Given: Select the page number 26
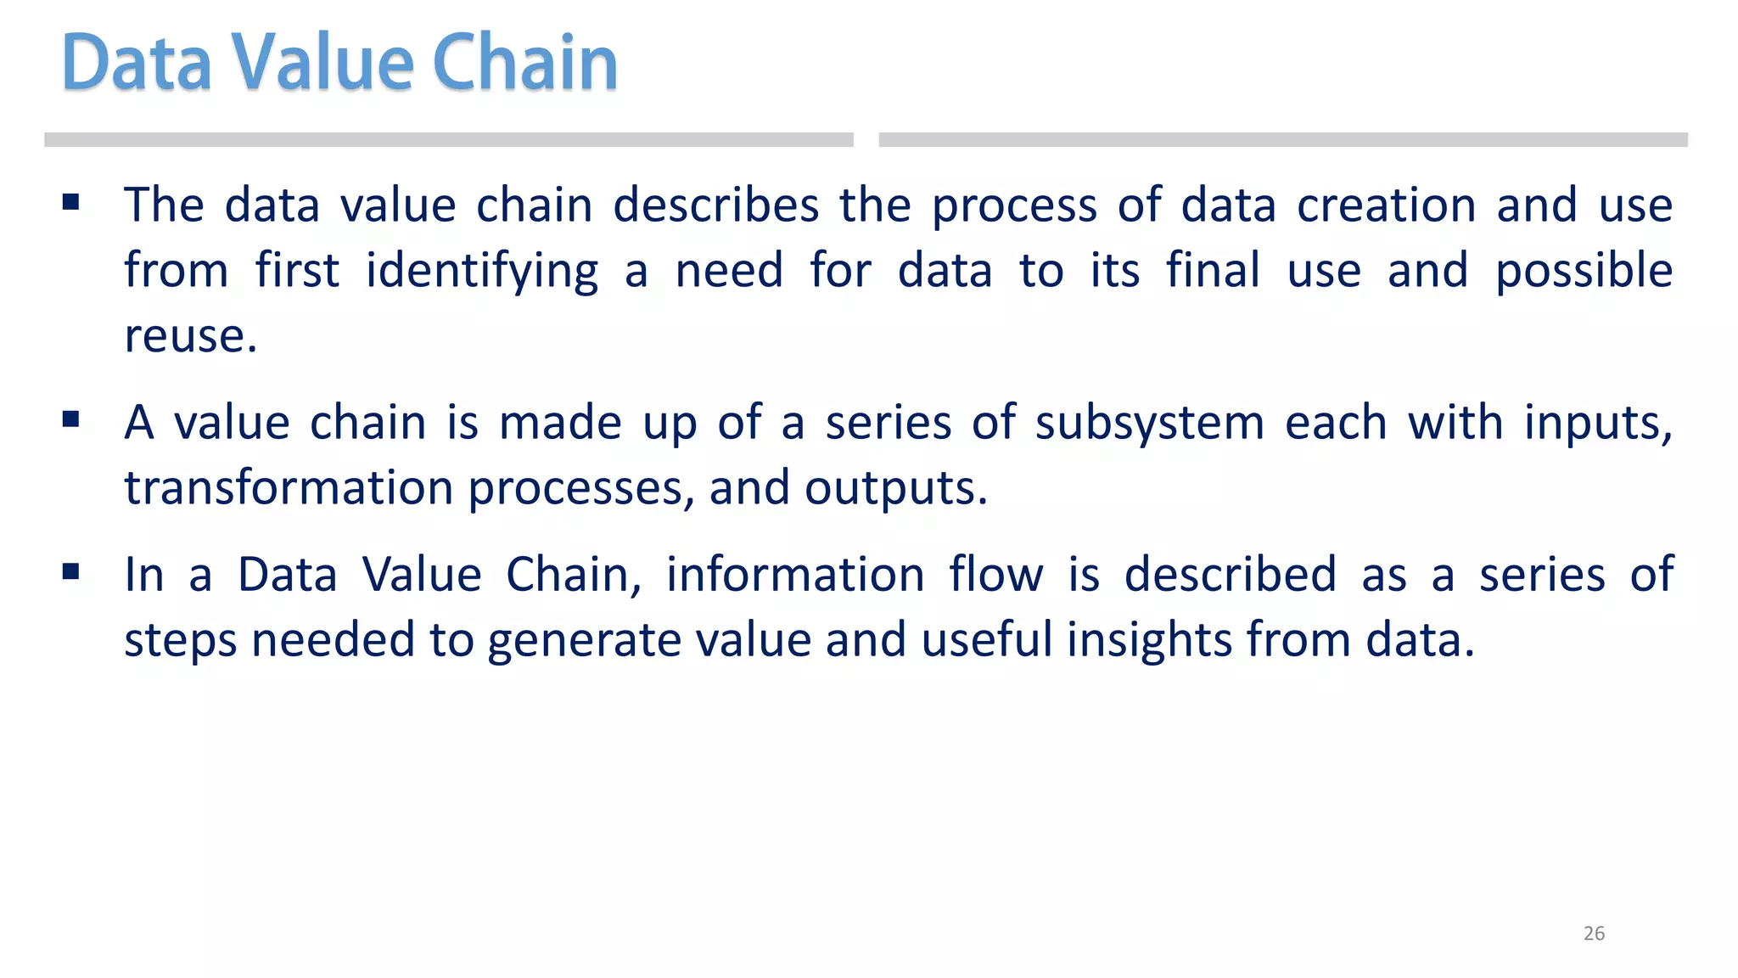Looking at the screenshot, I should (1594, 933).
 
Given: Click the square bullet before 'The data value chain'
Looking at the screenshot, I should (70, 202).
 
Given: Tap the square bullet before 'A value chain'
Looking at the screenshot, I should (70, 419).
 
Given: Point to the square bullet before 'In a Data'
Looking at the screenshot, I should (70, 571).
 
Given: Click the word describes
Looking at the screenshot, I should (715, 205).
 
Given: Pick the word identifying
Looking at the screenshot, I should (481, 272).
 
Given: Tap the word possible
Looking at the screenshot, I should (1584, 272).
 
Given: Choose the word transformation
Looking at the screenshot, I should (289, 488).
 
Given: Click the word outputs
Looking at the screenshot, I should (894, 490).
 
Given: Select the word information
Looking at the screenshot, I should (794, 575).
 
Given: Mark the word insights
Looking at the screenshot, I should (1148, 640).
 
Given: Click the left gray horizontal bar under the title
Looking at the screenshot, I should (448, 140).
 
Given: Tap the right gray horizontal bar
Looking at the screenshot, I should (1282, 140).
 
